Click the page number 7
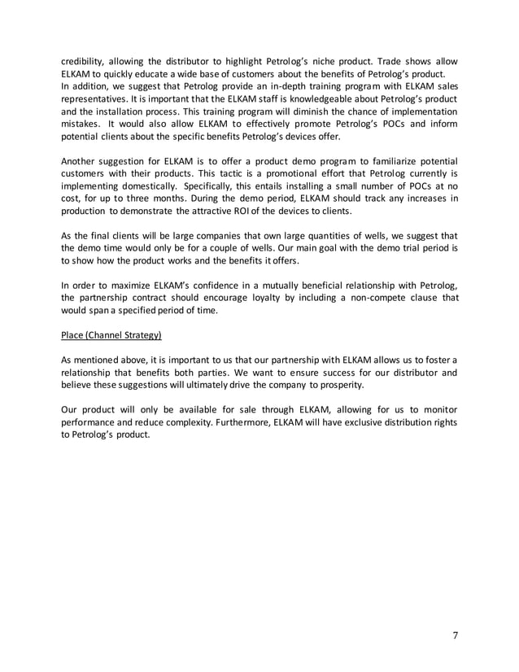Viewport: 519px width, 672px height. click(x=456, y=635)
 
